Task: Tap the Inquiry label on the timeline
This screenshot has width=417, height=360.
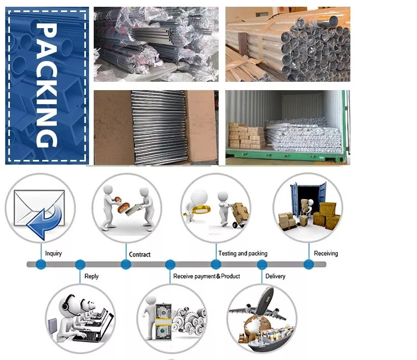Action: (x=53, y=254)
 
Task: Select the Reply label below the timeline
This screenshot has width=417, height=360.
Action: (x=91, y=276)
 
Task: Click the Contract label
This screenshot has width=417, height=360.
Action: (x=140, y=255)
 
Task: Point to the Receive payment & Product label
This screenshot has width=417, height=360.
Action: (x=207, y=276)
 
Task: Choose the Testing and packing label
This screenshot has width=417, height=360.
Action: (x=243, y=254)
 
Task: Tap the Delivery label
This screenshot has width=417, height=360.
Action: (x=275, y=276)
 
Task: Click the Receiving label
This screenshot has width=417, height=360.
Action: (x=326, y=254)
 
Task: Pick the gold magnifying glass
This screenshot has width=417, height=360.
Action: (x=200, y=211)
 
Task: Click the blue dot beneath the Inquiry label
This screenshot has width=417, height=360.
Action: (x=41, y=265)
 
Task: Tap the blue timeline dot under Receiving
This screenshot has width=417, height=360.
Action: (x=308, y=265)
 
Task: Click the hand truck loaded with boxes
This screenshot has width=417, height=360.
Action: (x=239, y=215)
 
